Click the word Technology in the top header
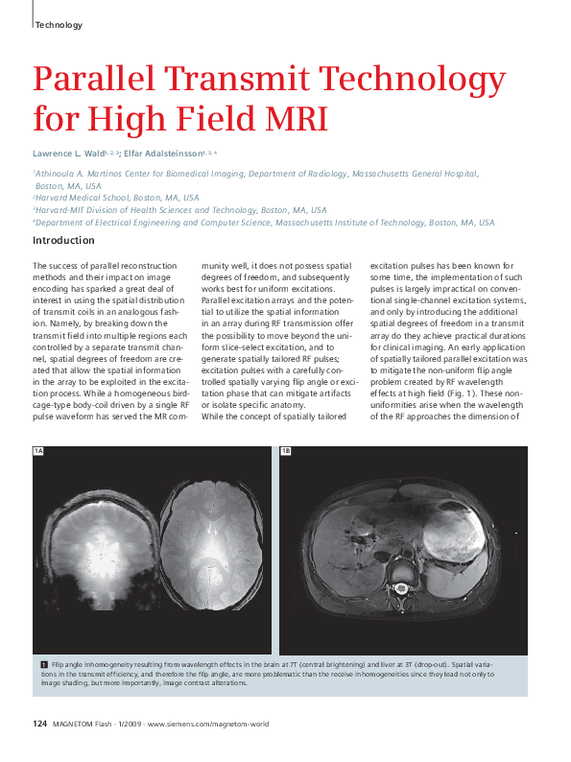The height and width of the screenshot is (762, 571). (59, 24)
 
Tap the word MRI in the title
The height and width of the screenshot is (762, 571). (290, 119)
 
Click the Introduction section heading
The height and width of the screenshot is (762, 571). (63, 240)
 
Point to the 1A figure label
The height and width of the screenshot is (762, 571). (39, 451)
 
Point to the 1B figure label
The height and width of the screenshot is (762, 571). (286, 451)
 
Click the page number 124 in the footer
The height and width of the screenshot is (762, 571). (40, 723)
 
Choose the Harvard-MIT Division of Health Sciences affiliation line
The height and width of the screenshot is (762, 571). (179, 209)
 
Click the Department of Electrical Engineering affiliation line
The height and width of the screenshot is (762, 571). (264, 222)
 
